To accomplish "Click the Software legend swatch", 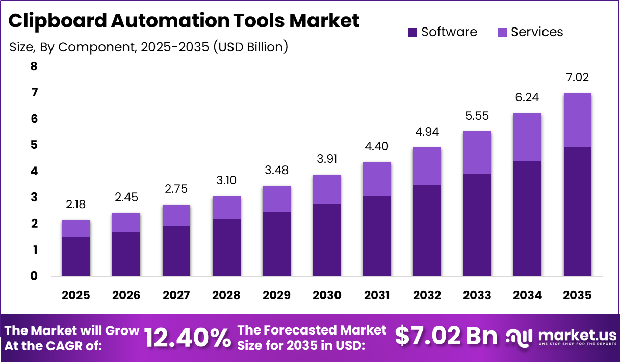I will click(x=412, y=32).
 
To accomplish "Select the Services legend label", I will click(x=537, y=32).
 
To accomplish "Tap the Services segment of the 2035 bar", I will click(x=577, y=120).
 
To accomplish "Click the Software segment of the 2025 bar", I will click(x=76, y=257).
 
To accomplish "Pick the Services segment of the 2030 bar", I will click(x=327, y=189).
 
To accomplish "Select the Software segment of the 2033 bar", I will click(x=477, y=225).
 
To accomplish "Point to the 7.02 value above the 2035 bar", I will click(x=577, y=78).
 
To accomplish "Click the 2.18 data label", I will click(x=76, y=205).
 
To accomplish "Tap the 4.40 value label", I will click(x=377, y=147).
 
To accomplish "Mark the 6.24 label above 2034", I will click(x=527, y=98).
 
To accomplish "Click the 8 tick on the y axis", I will click(x=34, y=66).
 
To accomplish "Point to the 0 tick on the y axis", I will click(x=34, y=276).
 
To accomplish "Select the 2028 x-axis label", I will click(x=226, y=295).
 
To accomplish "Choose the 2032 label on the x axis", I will click(x=427, y=295).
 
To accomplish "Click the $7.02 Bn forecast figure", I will click(x=446, y=336).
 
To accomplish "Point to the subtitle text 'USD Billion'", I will click(x=250, y=47).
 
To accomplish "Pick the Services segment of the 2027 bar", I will click(x=176, y=215).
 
